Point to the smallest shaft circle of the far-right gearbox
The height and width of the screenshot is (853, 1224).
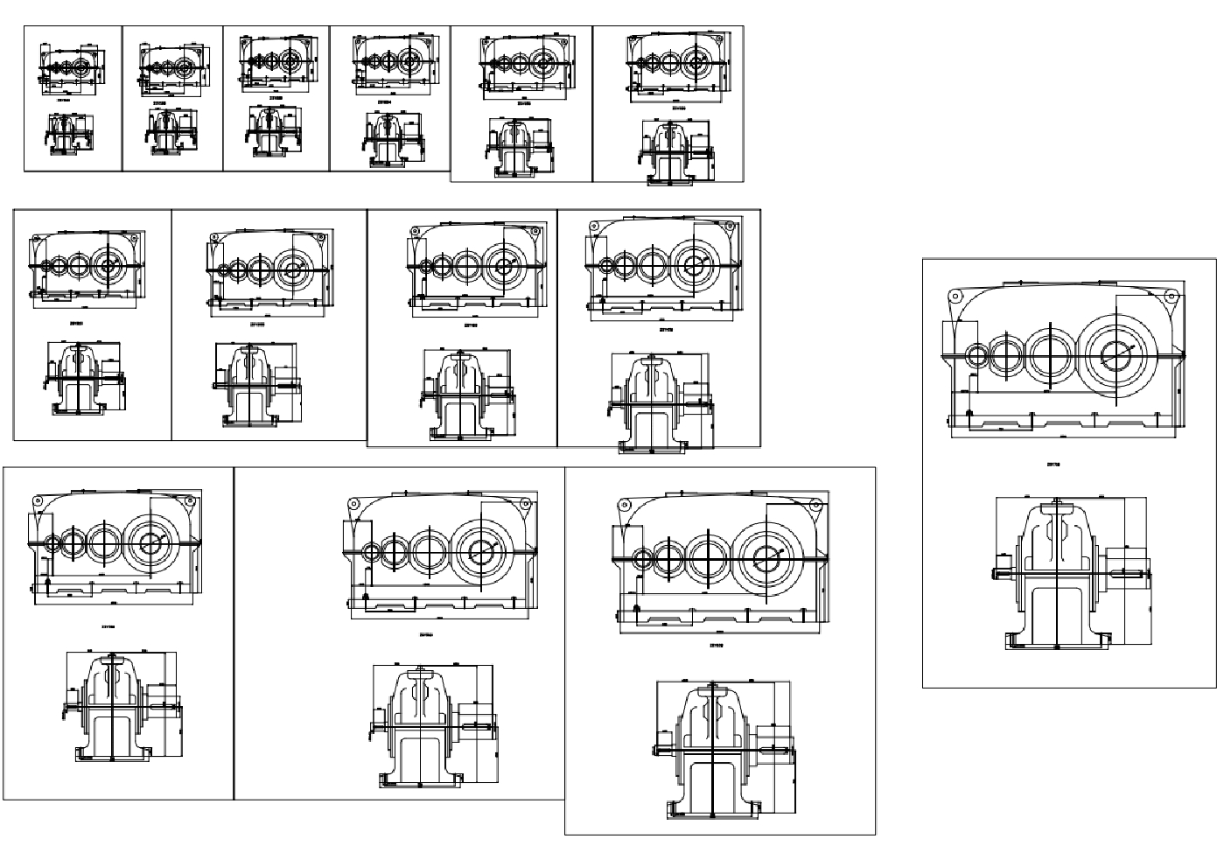977,355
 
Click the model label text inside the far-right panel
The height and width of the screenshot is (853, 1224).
1053,465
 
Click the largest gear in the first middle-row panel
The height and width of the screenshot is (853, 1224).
109,265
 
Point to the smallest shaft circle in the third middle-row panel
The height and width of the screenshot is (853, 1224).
426,266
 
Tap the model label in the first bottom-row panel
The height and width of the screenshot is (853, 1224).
108,626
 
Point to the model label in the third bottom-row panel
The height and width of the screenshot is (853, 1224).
715,647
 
